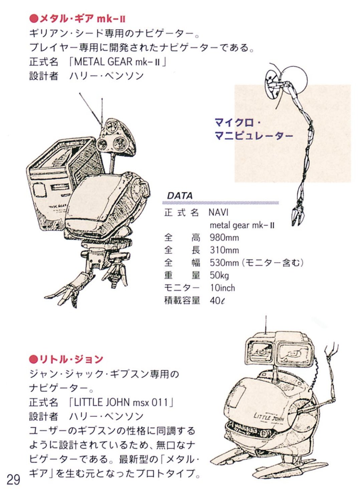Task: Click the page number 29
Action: click(13, 479)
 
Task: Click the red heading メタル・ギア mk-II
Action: click(77, 19)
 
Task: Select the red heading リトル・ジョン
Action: click(66, 359)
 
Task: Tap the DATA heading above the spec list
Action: click(180, 196)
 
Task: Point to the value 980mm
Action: click(224, 238)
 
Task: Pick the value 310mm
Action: click(224, 250)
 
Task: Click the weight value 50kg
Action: click(219, 275)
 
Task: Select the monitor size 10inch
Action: click(222, 288)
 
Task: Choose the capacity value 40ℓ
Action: click(217, 301)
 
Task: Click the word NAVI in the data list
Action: click(218, 212)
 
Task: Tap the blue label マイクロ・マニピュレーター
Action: click(254, 129)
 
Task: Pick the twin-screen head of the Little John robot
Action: click(279, 350)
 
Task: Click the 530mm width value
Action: click(224, 263)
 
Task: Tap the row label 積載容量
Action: click(182, 301)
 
